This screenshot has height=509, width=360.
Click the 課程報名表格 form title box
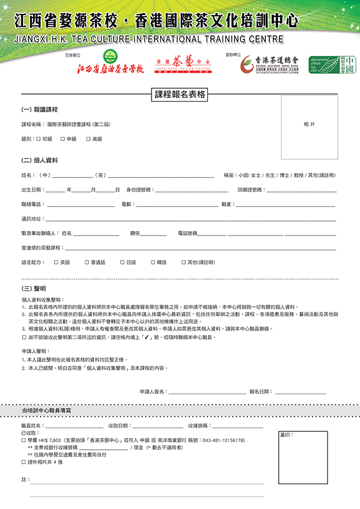click(x=181, y=95)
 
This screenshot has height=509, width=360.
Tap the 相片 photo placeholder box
click(x=309, y=125)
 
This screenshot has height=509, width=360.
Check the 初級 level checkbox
click(x=38, y=139)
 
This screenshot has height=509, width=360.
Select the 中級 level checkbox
click(x=63, y=139)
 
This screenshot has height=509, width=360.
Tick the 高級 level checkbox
click(x=88, y=139)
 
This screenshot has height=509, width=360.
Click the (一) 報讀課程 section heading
click(x=39, y=110)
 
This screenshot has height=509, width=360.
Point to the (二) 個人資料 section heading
click(x=39, y=160)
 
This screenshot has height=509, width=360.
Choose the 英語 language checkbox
click(x=56, y=262)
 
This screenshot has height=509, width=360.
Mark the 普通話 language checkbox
click(x=87, y=262)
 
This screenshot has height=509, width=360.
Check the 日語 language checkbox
click(x=122, y=262)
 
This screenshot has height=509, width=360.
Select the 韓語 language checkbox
click(x=153, y=262)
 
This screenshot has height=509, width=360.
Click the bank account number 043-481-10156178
click(x=224, y=441)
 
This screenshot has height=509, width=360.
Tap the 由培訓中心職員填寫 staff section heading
click(x=47, y=410)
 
